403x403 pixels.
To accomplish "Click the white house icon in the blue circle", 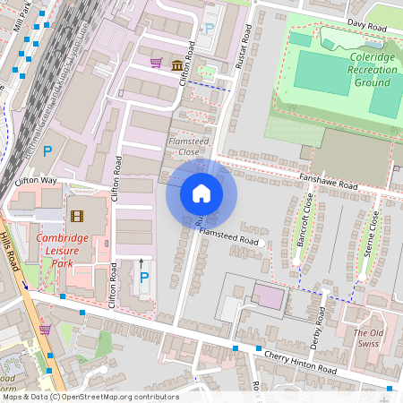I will (201, 193).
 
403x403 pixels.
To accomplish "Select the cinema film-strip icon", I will (77, 216).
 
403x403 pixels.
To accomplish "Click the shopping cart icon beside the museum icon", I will (157, 63).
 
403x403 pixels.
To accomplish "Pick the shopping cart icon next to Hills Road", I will (44, 330).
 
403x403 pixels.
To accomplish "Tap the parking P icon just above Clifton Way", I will (47, 151).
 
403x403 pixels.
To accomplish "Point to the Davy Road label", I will (367, 27).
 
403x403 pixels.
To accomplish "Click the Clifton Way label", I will (36, 181).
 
